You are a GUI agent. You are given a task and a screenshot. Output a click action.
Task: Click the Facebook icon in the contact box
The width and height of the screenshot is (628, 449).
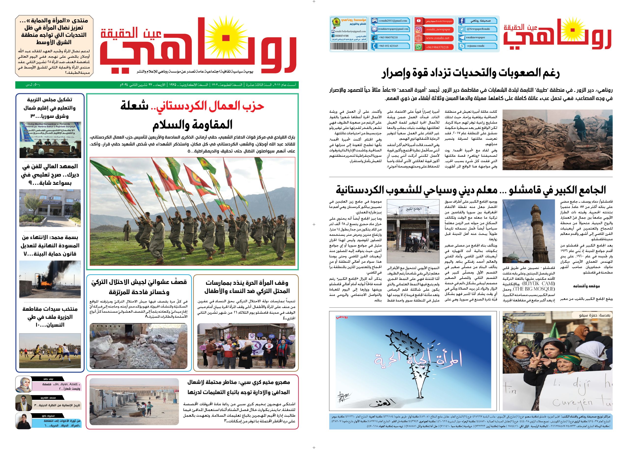point(461,21)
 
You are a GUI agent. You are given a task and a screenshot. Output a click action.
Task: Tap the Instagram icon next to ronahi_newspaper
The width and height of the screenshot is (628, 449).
point(419,29)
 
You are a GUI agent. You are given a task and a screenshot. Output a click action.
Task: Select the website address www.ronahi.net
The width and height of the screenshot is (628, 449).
point(437,38)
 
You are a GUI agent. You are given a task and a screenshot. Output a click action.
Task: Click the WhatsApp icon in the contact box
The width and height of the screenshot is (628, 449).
point(419,47)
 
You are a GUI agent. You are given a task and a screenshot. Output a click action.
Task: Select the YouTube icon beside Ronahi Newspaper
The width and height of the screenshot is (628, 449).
point(418,21)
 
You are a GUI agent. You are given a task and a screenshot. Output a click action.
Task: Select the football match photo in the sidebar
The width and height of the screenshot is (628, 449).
point(50,351)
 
